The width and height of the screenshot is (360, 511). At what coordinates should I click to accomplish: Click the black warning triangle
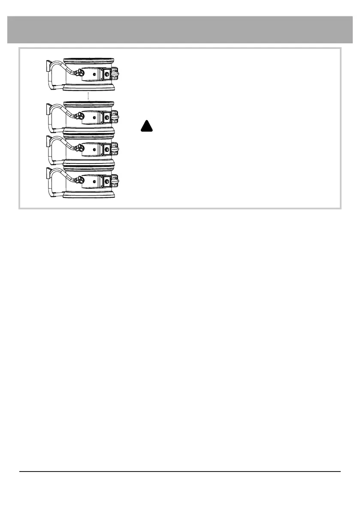point(146,126)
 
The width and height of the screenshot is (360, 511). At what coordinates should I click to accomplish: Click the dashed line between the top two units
point(88,95)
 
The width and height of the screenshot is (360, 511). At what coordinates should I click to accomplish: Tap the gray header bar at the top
point(180,30)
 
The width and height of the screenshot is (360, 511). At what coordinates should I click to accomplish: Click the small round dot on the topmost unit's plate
point(94,74)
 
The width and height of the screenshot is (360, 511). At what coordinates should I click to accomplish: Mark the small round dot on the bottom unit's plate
point(94,181)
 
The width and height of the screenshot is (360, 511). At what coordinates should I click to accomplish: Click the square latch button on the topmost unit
point(107,74)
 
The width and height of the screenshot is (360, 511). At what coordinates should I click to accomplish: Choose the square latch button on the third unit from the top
point(107,149)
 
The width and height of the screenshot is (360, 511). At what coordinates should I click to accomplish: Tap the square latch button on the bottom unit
point(107,181)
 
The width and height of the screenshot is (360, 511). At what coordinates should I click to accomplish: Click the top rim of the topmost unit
point(89,60)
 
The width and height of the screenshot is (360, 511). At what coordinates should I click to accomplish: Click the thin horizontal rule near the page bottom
point(180,472)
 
